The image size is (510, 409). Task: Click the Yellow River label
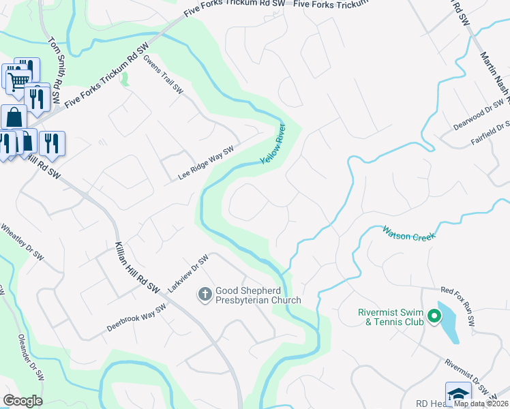[271, 143]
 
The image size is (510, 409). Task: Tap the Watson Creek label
[408, 232]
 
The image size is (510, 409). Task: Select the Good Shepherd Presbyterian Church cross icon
[204, 294]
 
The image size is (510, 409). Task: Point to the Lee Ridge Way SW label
[206, 163]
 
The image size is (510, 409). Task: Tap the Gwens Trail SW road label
[164, 75]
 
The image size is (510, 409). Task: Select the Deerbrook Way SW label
[136, 318]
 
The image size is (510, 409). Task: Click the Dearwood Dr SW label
[481, 115]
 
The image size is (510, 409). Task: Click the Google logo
[22, 401]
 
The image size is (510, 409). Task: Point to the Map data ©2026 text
[481, 403]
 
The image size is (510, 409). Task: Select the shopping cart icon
[18, 80]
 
